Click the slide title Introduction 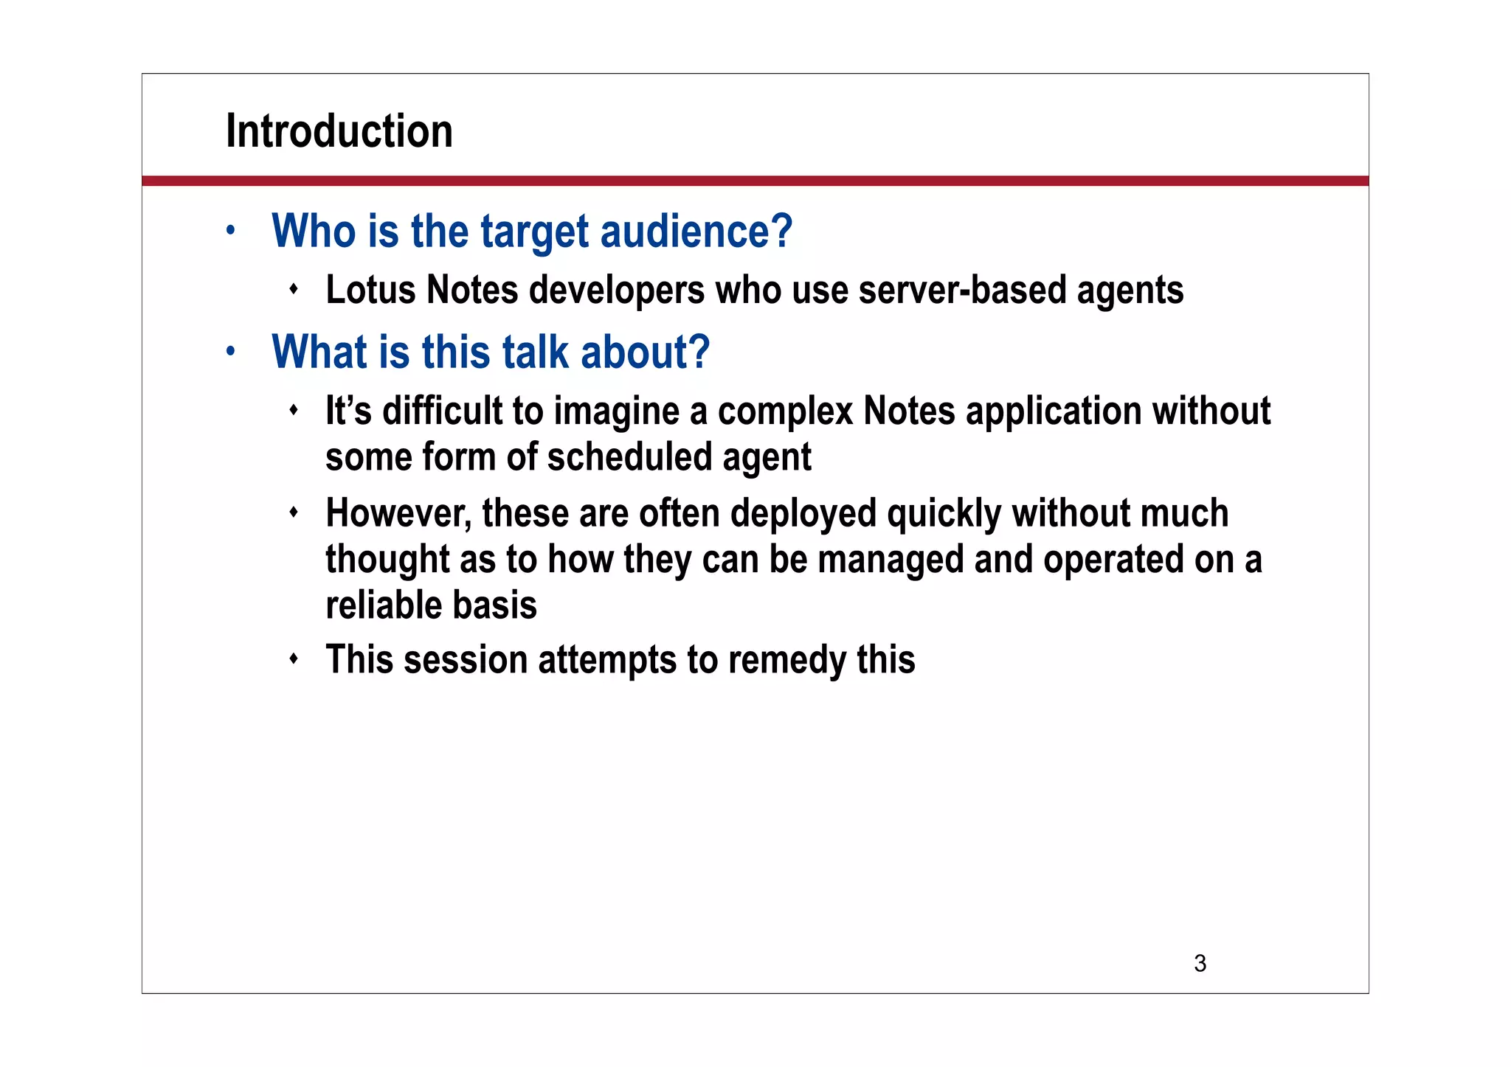coord(339,131)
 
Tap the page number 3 coord(1200,963)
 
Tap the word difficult coord(442,411)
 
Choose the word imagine coord(617,412)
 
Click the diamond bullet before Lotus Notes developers coord(294,289)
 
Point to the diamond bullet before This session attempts coord(294,658)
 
